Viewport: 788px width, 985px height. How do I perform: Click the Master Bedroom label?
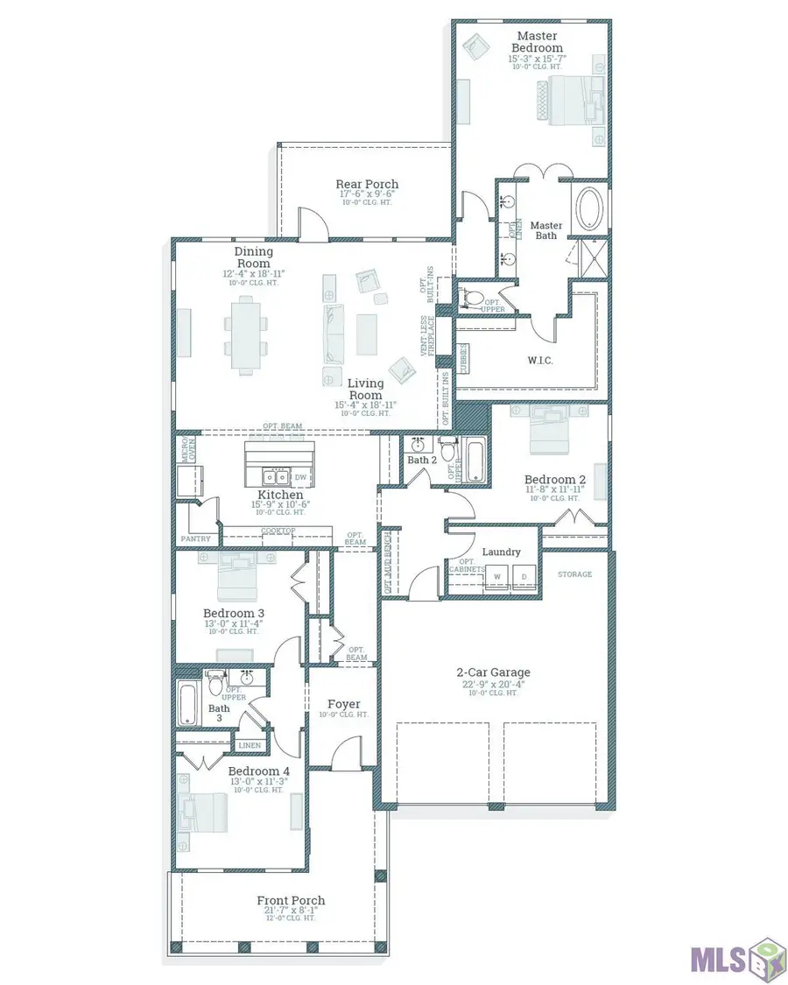pyautogui.click(x=537, y=41)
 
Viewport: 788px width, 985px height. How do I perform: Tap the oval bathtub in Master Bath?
pyautogui.click(x=587, y=211)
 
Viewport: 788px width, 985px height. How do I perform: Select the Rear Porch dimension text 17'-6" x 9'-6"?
pyautogui.click(x=367, y=194)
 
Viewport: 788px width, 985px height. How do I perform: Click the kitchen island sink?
pyautogui.click(x=277, y=477)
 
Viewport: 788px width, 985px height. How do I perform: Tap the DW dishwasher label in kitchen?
pyautogui.click(x=300, y=477)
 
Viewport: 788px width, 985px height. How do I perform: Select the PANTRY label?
pyautogui.click(x=195, y=539)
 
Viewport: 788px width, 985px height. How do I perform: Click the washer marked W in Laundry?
pyautogui.click(x=497, y=577)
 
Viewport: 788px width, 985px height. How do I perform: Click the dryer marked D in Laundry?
pyautogui.click(x=525, y=577)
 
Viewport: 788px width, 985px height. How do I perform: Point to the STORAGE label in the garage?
pyautogui.click(x=574, y=574)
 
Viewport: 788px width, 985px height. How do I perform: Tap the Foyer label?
pyautogui.click(x=343, y=704)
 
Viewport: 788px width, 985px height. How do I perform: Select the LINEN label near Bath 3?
pyautogui.click(x=249, y=745)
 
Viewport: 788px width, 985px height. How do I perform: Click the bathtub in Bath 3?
pyautogui.click(x=189, y=704)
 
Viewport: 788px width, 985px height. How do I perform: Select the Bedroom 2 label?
pyautogui.click(x=555, y=479)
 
